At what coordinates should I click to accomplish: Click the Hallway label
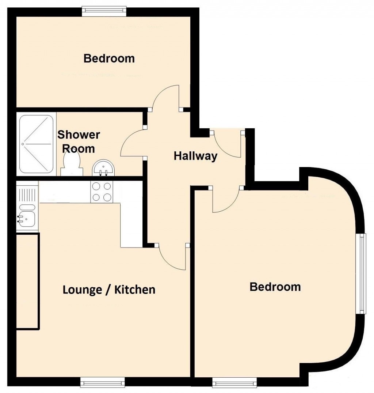click(195, 156)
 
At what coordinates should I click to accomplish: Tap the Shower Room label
click(79, 141)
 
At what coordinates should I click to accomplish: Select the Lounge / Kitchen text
click(109, 290)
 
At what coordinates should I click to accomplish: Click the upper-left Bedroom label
click(109, 58)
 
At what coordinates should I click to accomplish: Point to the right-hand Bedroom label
click(275, 287)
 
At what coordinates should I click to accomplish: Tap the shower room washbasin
click(103, 169)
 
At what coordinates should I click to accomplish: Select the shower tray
click(37, 144)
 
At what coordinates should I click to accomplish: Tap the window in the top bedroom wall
click(104, 11)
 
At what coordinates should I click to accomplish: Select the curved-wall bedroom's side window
click(362, 273)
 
